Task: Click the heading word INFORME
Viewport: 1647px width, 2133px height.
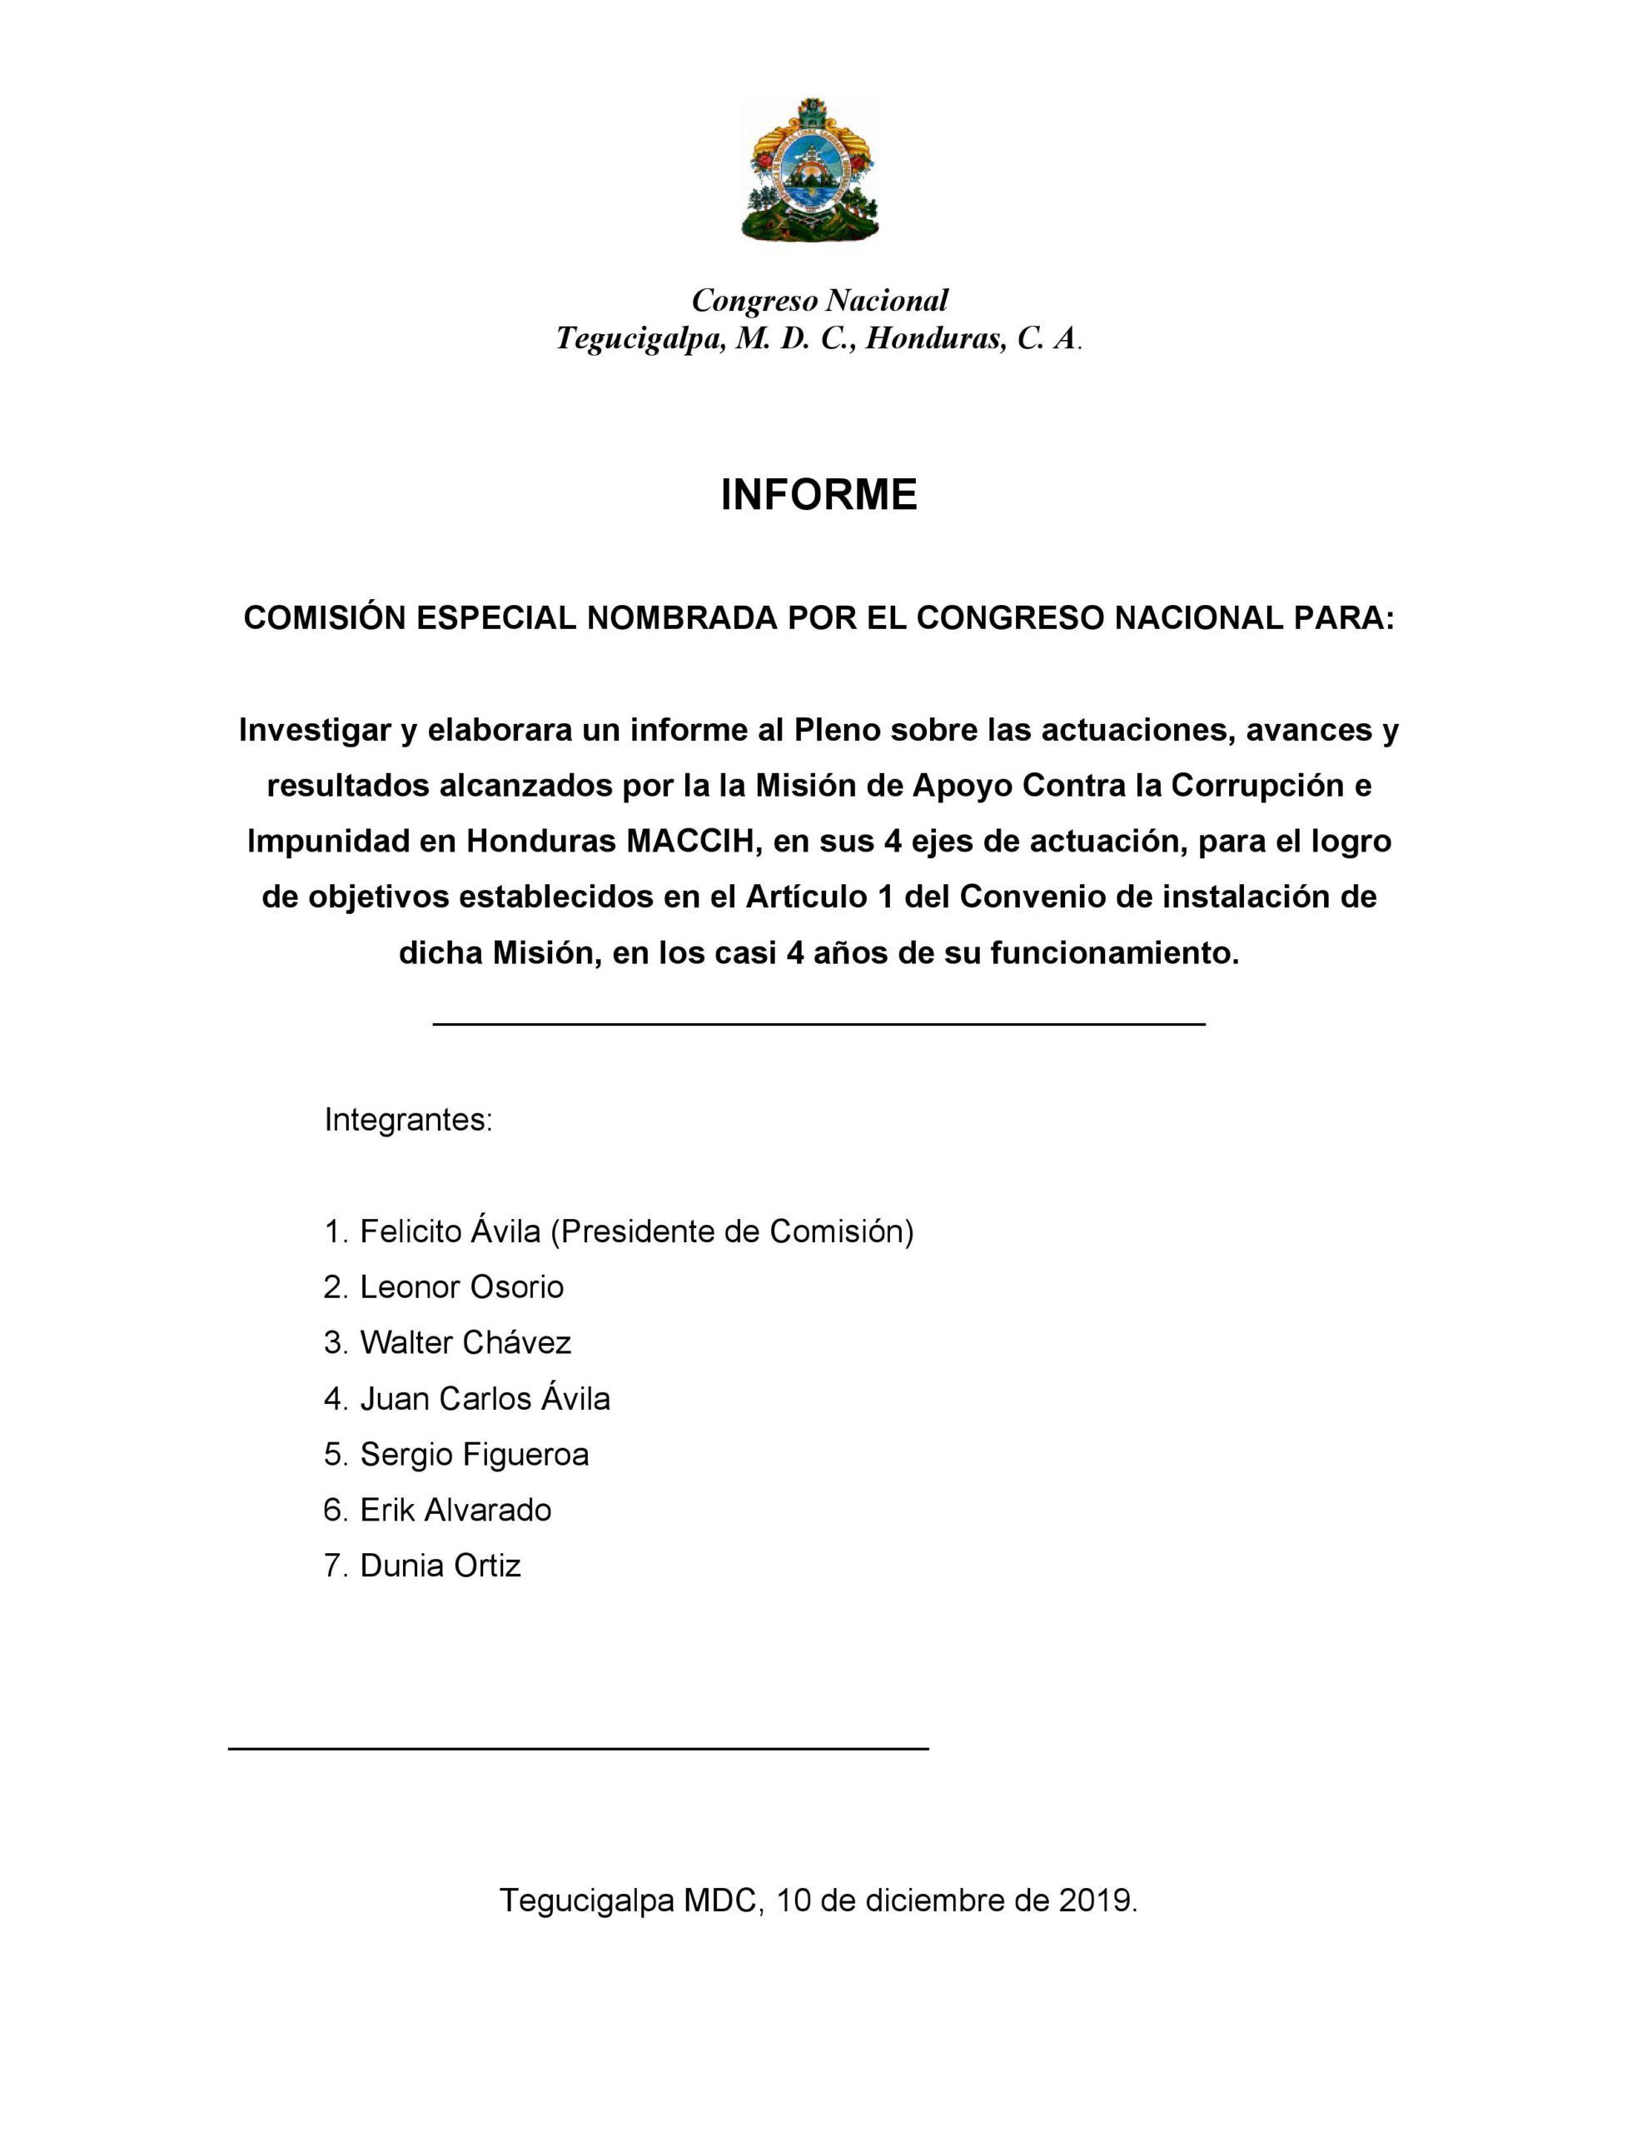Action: [819, 495]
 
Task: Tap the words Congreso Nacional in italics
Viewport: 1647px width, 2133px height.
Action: [819, 300]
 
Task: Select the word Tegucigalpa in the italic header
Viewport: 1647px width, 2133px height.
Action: [638, 339]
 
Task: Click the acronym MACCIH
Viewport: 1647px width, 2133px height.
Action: [692, 841]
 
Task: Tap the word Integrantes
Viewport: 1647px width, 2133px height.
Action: [407, 1119]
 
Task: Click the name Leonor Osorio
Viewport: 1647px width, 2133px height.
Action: [462, 1287]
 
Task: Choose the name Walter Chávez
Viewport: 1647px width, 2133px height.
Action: [465, 1343]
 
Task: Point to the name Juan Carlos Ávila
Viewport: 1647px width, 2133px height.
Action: [485, 1399]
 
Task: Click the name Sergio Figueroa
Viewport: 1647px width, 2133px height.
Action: [475, 1454]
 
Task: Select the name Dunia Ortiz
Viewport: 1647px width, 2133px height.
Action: [440, 1566]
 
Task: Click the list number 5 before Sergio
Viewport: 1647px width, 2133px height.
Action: [334, 1454]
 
